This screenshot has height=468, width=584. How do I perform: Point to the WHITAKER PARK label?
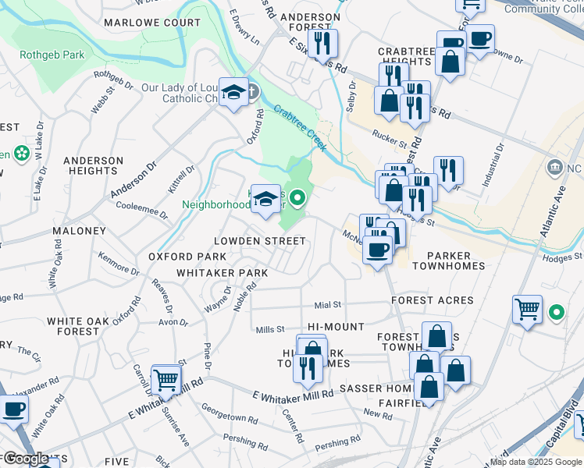coord(222,273)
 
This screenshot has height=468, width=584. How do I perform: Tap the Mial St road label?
coord(328,304)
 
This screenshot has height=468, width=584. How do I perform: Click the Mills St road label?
coord(270,330)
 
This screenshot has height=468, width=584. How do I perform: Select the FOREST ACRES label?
coord(433,300)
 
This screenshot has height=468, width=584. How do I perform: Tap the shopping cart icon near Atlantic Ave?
coord(527,308)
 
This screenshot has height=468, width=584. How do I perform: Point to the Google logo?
coord(26,459)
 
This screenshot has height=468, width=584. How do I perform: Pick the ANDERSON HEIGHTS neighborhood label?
coord(94,165)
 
